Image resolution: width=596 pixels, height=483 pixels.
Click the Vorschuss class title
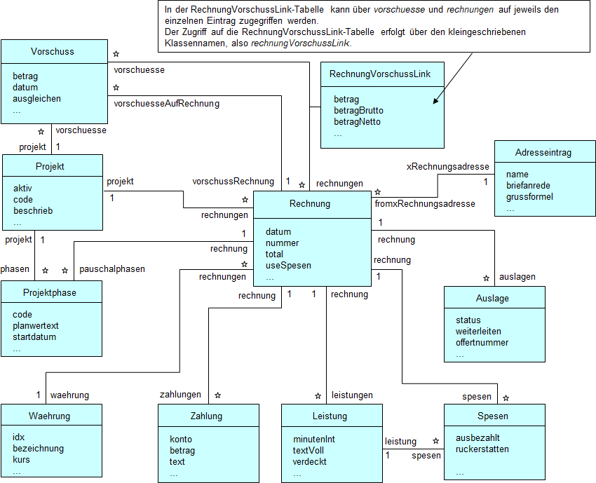coord(52,51)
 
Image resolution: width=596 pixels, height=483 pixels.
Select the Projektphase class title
coord(50,292)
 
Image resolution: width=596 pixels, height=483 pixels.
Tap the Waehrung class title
coord(50,416)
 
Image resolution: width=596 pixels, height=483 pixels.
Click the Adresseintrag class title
coord(544,152)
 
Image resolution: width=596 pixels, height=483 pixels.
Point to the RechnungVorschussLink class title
coord(381,74)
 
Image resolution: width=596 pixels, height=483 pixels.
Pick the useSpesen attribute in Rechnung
coord(288,266)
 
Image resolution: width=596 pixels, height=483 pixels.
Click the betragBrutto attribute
coord(358,111)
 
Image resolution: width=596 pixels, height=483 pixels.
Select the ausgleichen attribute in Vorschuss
coord(36,99)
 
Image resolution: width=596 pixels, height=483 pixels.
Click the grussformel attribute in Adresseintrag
coord(529,197)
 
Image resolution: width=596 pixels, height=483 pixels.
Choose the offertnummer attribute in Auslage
coord(482,343)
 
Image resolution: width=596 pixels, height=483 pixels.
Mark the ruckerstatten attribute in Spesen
coord(482,449)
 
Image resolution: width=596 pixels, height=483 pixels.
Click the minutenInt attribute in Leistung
coord(313,440)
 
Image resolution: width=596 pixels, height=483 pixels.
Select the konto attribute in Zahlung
coord(181,440)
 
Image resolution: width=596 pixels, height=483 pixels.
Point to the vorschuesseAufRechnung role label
coord(166,104)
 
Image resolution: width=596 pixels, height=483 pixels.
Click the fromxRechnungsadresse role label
coord(425,204)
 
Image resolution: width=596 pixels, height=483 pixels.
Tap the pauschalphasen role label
coord(112,269)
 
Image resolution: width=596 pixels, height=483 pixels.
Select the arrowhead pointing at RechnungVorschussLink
coord(435,102)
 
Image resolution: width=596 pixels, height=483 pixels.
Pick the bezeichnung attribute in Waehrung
coord(38,449)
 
